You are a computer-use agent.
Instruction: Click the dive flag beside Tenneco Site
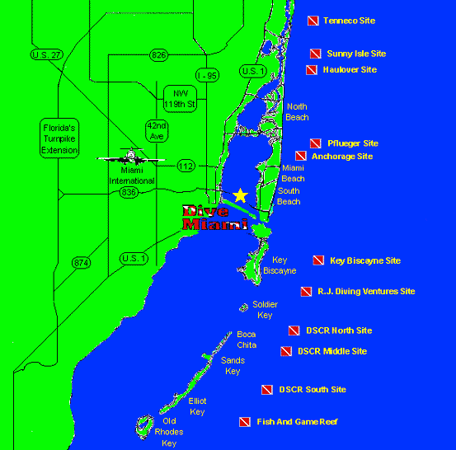tap(313, 21)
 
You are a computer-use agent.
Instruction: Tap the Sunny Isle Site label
tap(355, 54)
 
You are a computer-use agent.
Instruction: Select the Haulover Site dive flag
tap(311, 70)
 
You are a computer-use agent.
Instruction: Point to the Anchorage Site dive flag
tap(301, 156)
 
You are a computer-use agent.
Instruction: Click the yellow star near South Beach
tap(240, 195)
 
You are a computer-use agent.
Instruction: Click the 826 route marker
tap(158, 54)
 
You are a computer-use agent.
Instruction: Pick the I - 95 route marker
tap(208, 75)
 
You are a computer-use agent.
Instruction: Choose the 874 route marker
tap(81, 263)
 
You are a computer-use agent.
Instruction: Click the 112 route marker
tap(186, 166)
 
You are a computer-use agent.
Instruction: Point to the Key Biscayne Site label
tap(364, 260)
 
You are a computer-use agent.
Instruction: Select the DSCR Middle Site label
tap(331, 351)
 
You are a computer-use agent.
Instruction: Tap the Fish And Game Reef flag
tap(243, 422)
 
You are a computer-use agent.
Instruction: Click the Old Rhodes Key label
tap(168, 432)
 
